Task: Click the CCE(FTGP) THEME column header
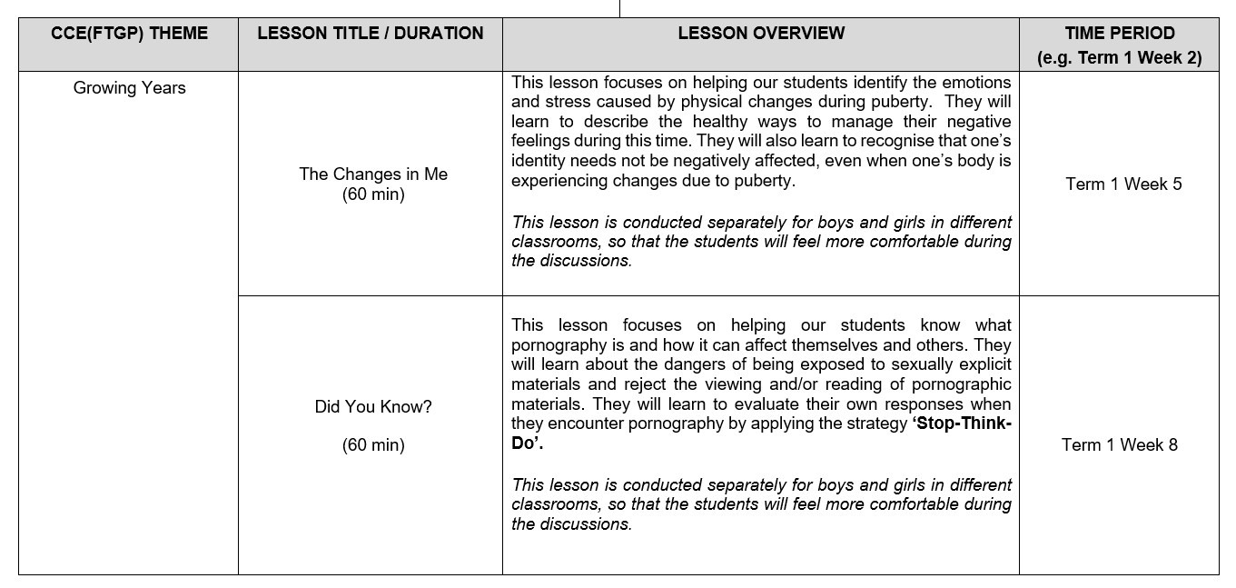(129, 34)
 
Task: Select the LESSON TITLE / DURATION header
(371, 34)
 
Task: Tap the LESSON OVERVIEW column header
(761, 34)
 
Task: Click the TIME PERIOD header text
(1120, 34)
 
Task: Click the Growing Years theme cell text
(129, 88)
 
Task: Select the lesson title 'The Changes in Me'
(373, 174)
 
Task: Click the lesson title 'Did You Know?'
(373, 407)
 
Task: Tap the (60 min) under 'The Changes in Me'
(373, 194)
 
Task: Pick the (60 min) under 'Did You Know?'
(373, 445)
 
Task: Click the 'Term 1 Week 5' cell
(1123, 184)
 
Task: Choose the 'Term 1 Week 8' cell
(1119, 445)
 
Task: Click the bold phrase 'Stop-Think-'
(962, 424)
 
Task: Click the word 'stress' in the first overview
(570, 103)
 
